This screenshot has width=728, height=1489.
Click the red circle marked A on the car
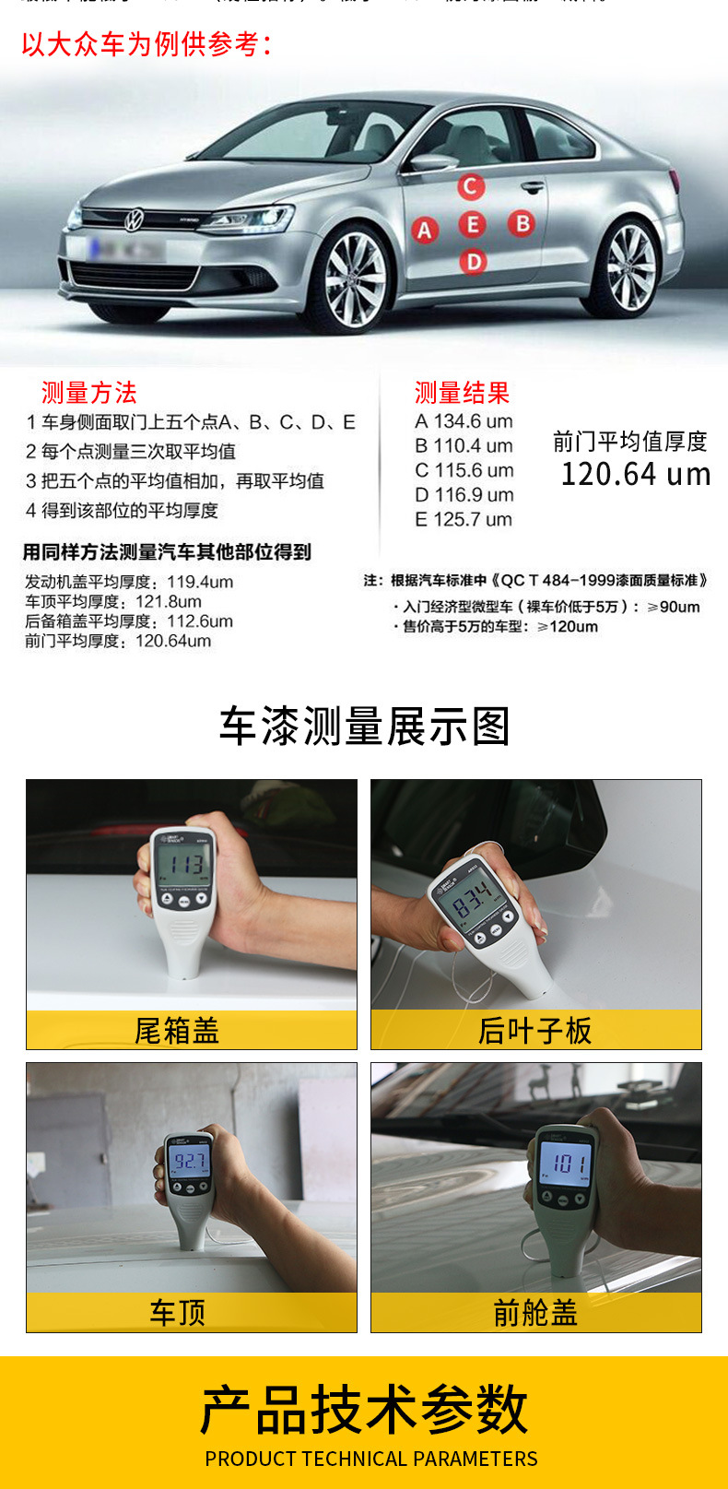[x=424, y=230]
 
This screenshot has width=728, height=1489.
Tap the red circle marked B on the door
[x=522, y=223]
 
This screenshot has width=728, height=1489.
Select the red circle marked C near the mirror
[x=471, y=186]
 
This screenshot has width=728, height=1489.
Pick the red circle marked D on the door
[x=473, y=262]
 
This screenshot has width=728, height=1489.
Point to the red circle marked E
[x=473, y=224]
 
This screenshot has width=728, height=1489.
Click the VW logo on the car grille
[x=135, y=219]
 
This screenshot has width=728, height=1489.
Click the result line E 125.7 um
[x=463, y=519]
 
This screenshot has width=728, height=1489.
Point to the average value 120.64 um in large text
[x=636, y=474]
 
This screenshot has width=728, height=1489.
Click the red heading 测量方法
[x=88, y=393]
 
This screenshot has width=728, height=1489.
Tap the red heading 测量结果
[x=462, y=393]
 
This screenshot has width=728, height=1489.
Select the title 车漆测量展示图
[x=364, y=727]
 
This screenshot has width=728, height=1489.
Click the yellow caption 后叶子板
[x=534, y=1031]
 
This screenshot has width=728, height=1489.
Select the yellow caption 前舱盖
[x=534, y=1313]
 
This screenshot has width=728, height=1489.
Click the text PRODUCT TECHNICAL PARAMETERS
[x=370, y=1459]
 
